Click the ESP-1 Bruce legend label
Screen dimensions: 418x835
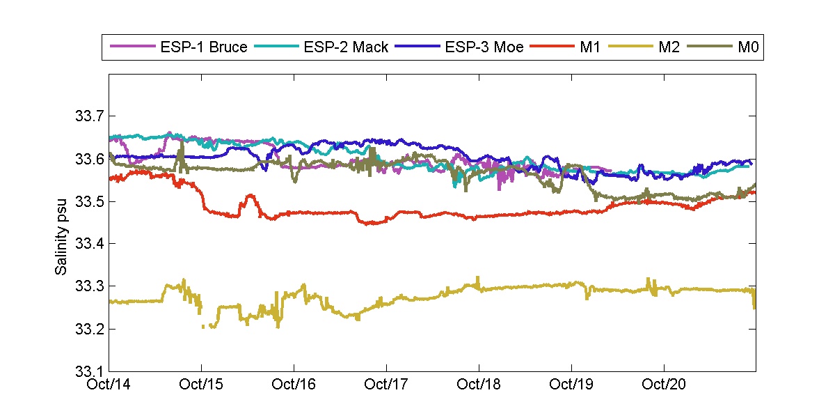(x=204, y=47)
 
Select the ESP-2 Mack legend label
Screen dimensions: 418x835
(x=346, y=47)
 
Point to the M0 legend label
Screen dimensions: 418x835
(x=747, y=47)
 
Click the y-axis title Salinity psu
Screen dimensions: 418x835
(x=62, y=222)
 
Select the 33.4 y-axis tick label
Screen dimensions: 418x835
(x=88, y=244)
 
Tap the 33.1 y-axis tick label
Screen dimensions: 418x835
(x=88, y=371)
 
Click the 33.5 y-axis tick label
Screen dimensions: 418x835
(x=88, y=201)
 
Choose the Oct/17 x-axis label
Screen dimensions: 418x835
(x=386, y=384)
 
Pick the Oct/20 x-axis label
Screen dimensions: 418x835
(x=663, y=384)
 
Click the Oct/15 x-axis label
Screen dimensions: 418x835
(x=202, y=384)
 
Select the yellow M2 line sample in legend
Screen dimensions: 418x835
(x=628, y=47)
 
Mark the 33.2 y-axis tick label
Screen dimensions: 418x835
(x=88, y=329)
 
